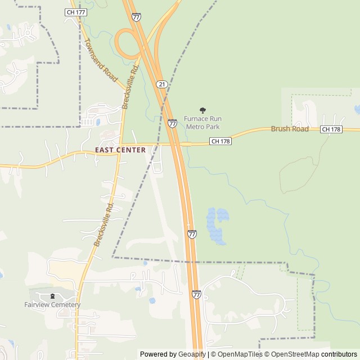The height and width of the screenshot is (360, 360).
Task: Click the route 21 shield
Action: click(x=161, y=84)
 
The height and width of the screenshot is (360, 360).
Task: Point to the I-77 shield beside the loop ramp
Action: click(x=137, y=17)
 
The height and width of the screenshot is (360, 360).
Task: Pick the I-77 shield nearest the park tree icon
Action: click(x=173, y=123)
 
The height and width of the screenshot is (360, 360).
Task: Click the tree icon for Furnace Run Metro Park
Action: click(x=202, y=110)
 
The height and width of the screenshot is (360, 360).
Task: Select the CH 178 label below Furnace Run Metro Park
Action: click(x=220, y=142)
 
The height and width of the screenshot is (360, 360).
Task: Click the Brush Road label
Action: click(x=290, y=129)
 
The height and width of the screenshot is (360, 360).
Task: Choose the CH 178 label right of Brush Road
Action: click(x=331, y=129)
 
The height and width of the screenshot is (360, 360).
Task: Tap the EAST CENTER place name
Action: click(x=120, y=150)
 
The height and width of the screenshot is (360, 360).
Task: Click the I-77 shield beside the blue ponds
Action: click(x=192, y=234)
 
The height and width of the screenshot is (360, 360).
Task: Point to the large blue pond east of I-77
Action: click(x=217, y=225)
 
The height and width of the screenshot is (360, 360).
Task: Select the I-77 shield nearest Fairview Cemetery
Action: click(x=196, y=294)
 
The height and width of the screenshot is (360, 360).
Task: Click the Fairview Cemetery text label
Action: click(x=52, y=305)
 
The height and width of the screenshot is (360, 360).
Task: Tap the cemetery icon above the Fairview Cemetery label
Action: click(x=52, y=296)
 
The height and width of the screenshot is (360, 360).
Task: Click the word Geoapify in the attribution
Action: click(x=192, y=354)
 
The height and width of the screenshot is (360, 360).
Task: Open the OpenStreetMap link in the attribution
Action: click(x=292, y=354)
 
